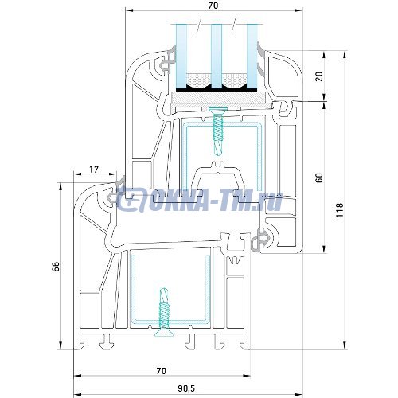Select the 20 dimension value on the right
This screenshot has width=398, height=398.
pos(319,76)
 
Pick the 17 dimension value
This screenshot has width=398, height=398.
pos(94,169)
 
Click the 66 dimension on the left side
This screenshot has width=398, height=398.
pos(56,267)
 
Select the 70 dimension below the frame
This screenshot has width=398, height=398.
pos(161,370)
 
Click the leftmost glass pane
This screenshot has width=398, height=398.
pos(181,52)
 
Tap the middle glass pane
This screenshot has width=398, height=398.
pos(216,52)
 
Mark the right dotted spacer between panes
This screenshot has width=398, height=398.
pos(234,80)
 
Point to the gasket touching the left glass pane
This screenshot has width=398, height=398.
pos(168,61)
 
